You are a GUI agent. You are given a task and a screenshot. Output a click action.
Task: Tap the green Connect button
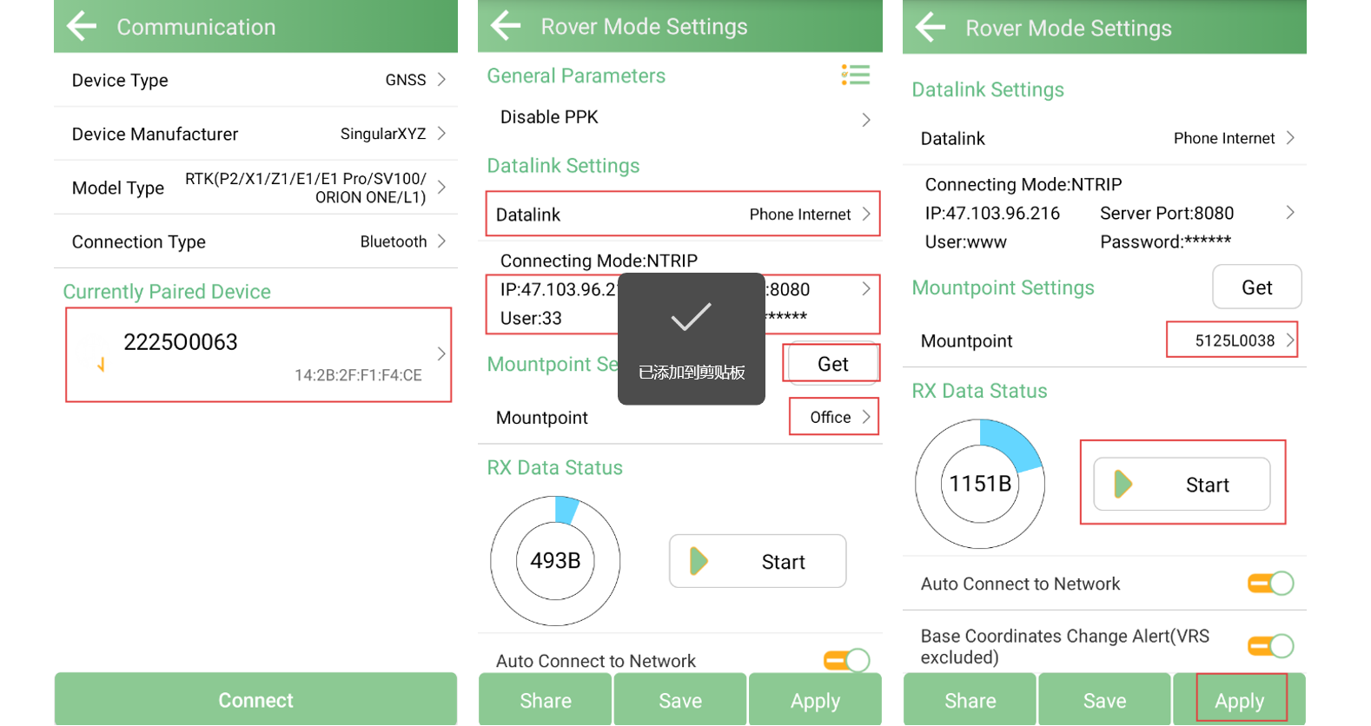(x=255, y=699)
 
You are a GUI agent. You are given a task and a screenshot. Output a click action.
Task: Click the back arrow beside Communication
(x=82, y=26)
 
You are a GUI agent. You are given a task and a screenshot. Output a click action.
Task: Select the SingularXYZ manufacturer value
(x=382, y=134)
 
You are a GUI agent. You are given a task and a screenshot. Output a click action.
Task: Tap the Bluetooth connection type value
(x=393, y=241)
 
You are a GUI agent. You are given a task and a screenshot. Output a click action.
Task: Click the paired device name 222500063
(x=181, y=342)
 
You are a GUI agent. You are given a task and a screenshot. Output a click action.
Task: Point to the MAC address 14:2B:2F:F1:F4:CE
(x=358, y=375)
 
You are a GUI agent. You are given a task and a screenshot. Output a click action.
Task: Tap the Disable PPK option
(x=549, y=117)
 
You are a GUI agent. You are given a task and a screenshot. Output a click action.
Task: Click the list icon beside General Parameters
(x=855, y=75)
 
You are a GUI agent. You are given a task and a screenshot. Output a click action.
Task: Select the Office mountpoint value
(x=830, y=417)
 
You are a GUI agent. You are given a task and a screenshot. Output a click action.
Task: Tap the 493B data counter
(x=555, y=560)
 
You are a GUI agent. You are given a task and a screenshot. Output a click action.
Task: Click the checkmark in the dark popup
(x=691, y=316)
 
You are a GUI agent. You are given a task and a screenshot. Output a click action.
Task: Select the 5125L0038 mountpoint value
(x=1235, y=340)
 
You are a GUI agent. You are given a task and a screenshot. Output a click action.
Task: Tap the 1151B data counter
(x=980, y=484)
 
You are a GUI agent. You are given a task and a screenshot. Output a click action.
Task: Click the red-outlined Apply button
(x=1240, y=700)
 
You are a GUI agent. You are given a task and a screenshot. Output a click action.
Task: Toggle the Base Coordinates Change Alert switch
(x=1270, y=646)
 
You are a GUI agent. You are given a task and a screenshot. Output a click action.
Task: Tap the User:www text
(x=965, y=242)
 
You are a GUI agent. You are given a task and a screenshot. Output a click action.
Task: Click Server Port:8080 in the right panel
(x=1167, y=213)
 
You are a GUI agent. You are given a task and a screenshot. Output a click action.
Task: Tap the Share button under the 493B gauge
(x=546, y=700)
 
